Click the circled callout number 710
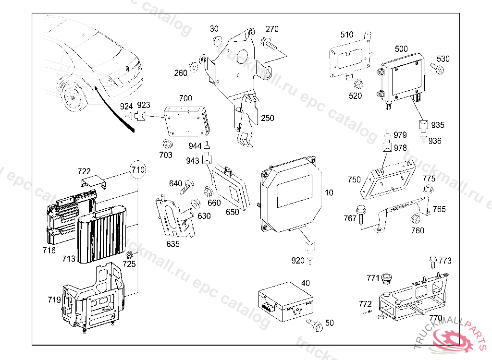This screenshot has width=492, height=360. click(138, 169)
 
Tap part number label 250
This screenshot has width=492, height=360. click(268, 118)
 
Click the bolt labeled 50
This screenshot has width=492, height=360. click(316, 325)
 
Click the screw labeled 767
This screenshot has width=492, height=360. click(360, 212)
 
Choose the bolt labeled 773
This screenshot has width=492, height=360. click(432, 262)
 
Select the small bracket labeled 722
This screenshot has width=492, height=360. click(93, 183)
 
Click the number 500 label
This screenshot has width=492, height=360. click(401, 49)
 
